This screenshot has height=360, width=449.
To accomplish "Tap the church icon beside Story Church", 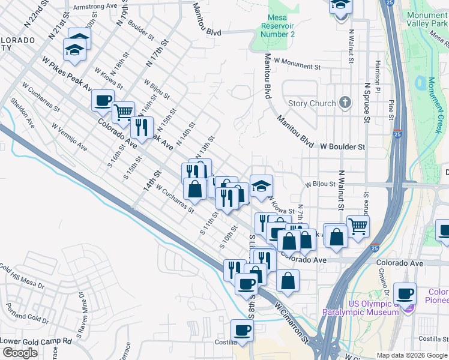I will point(345,103).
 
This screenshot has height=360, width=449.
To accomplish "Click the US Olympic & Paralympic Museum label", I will point(360,308).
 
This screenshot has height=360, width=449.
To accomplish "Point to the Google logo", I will point(19,353).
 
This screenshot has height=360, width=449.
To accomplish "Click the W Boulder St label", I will point(342,146).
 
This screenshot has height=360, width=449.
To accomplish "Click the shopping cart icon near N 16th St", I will point(123,111).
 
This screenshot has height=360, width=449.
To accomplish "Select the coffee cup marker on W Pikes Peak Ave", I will point(103,100).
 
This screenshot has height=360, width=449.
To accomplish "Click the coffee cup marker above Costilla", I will point(242,329).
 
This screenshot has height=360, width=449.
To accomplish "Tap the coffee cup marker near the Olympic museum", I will point(405,293).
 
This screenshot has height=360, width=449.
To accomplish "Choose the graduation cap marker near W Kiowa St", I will point(261,185).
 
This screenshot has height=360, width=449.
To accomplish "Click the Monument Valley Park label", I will point(426,21).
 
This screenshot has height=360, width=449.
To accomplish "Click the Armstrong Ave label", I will point(94,7).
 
